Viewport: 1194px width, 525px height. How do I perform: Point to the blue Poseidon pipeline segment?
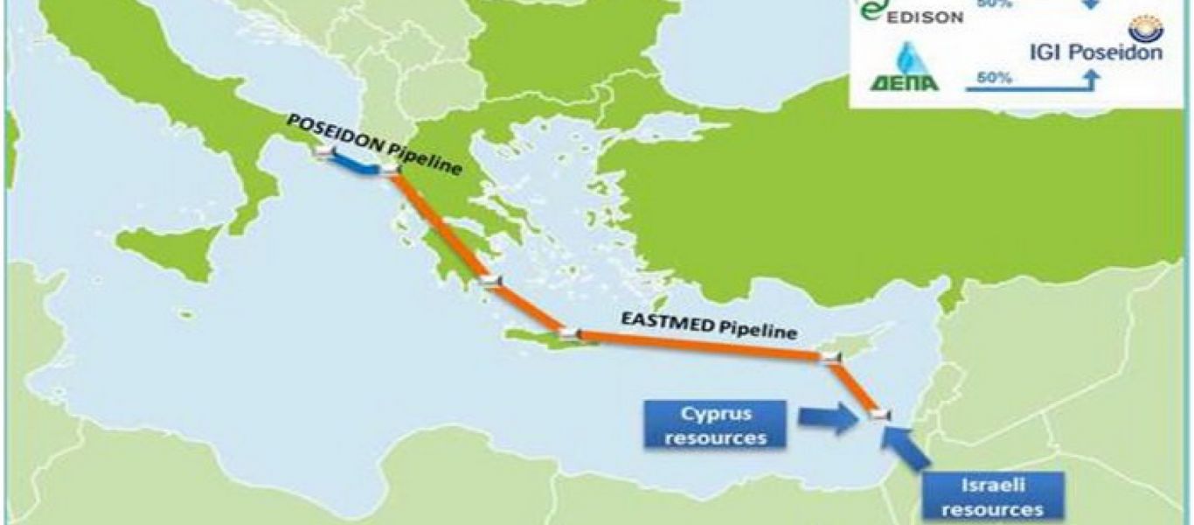(354, 164)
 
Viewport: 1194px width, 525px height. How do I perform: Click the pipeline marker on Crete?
(569, 333)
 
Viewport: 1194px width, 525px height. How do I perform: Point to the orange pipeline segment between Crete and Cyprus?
(699, 345)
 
